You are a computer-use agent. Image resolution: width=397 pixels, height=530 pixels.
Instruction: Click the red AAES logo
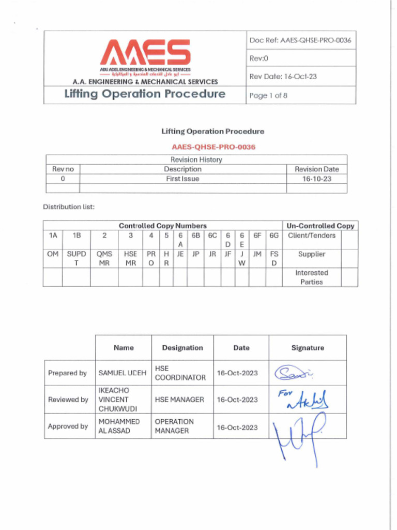(x=145, y=53)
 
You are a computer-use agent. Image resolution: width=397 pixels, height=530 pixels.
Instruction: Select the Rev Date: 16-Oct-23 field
(x=283, y=76)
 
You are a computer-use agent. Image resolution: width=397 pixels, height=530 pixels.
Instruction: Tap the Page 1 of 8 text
(x=268, y=96)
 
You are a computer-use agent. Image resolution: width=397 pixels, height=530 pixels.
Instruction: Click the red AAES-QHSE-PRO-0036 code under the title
(x=213, y=147)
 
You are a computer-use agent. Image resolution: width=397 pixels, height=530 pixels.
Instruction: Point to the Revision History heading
(x=196, y=160)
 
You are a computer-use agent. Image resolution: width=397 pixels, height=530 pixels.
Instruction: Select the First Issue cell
(x=182, y=179)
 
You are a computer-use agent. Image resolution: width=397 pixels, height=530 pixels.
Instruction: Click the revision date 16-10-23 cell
(x=316, y=179)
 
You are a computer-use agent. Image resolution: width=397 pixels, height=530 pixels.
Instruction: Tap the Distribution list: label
(x=69, y=207)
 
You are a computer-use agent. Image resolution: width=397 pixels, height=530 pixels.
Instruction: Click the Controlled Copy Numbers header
(x=162, y=226)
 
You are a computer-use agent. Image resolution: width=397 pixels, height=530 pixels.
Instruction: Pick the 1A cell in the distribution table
(x=53, y=235)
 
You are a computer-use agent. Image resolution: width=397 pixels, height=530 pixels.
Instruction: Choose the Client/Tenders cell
(x=312, y=235)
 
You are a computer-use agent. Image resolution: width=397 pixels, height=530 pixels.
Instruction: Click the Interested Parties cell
(x=312, y=277)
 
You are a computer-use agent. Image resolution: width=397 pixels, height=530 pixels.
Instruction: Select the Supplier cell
(x=312, y=254)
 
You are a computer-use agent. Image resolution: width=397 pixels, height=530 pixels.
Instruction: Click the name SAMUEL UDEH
(x=123, y=373)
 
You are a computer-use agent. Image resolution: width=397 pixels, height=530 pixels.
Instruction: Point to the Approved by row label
(x=68, y=426)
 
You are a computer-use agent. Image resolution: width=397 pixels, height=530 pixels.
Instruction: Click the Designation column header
(x=182, y=348)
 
